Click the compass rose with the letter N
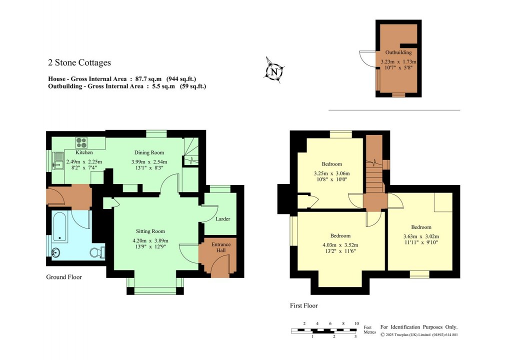point(274,70)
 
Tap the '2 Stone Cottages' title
point(79,62)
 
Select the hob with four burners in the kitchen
point(81,142)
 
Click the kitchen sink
point(58,160)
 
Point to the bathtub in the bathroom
point(60,227)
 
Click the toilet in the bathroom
point(97,252)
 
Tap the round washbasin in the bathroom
point(55,251)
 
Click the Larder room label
point(223,219)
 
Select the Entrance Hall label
point(221,247)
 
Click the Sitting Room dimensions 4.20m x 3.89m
point(150,240)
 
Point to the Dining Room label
point(149,152)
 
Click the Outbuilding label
point(398,52)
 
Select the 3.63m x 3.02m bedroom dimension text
point(421,236)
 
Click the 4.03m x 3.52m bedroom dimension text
point(340,245)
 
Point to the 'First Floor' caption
point(304,305)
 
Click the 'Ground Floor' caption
point(64,277)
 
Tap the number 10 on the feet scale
point(356,323)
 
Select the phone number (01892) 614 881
point(445,334)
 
